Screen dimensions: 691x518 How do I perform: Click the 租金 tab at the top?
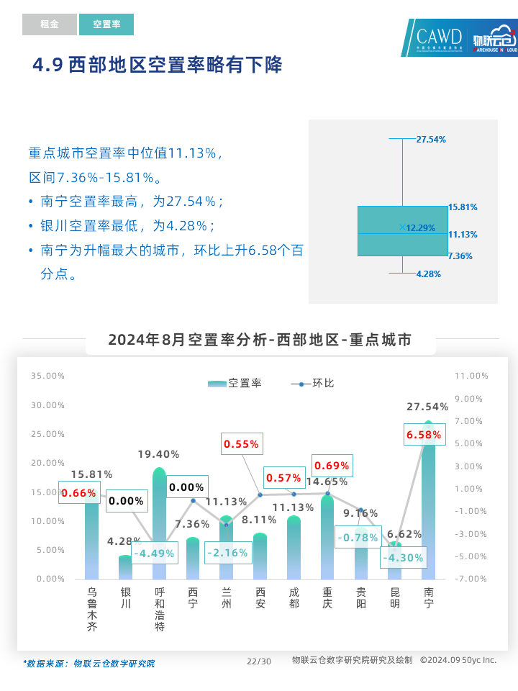click(x=50, y=24)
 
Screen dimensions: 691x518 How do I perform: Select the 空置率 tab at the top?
click(x=106, y=24)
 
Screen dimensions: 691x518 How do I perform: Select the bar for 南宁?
click(x=429, y=504)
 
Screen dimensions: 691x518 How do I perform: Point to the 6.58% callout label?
click(x=423, y=435)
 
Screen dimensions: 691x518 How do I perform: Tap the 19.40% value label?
click(x=159, y=454)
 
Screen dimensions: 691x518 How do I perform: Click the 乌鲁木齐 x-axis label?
click(x=92, y=608)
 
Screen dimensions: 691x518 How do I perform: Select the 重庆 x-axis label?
click(x=327, y=598)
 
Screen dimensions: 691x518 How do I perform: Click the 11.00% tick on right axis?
click(x=471, y=376)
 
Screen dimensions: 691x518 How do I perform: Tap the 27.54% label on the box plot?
click(x=431, y=139)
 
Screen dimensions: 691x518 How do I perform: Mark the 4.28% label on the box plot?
click(x=429, y=274)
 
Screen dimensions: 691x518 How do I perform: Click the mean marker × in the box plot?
click(x=402, y=227)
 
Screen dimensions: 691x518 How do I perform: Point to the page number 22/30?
click(x=259, y=661)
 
